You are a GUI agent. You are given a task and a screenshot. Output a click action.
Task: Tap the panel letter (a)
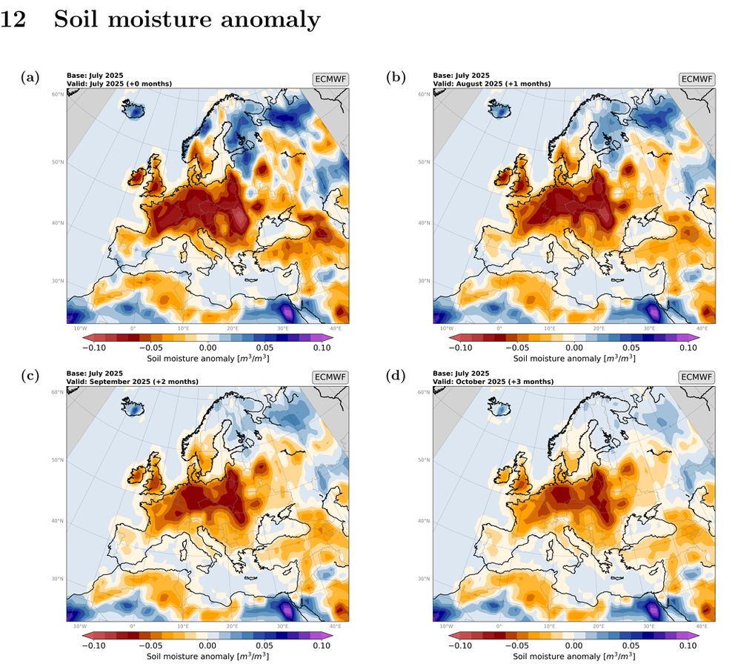(x=30, y=76)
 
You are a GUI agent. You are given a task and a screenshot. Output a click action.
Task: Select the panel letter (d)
(x=397, y=376)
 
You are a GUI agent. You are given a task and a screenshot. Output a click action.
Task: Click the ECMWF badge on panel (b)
(x=697, y=79)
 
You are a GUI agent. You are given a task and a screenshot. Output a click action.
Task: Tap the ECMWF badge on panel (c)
(x=331, y=377)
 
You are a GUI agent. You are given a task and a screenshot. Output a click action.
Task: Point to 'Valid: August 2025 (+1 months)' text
(x=491, y=84)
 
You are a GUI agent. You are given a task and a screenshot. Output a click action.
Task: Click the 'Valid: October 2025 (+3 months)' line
(x=493, y=382)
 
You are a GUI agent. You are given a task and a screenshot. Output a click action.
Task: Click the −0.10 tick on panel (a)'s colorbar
(x=94, y=347)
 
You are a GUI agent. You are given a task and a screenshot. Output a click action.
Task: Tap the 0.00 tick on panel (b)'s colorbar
(x=574, y=347)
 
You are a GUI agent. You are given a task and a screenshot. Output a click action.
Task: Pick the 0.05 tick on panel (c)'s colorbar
(x=265, y=645)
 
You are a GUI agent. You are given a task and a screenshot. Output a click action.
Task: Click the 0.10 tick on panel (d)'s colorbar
(x=688, y=645)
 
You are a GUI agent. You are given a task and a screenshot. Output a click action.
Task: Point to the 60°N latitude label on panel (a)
(x=57, y=94)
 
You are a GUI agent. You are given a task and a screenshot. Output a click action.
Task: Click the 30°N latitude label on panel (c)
(x=57, y=579)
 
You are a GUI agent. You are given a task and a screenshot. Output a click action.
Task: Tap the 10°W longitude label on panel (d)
(x=446, y=625)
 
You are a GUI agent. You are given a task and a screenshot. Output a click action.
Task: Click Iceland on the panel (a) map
(x=134, y=110)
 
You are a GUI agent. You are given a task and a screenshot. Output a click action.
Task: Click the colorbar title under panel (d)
(x=574, y=657)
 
